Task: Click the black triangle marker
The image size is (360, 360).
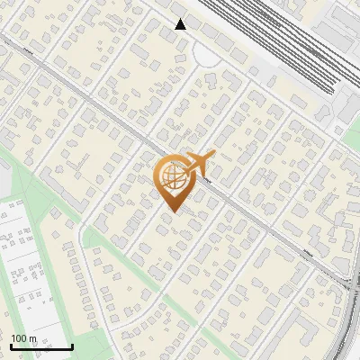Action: pos(181,24)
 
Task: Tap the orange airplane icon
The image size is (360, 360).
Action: pos(199,163)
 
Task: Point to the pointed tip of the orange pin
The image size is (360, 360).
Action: pos(172,211)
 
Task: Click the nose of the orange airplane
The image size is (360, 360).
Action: pos(213,155)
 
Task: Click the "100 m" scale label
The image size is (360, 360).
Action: pos(24,337)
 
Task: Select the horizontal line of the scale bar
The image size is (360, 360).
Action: pos(41,347)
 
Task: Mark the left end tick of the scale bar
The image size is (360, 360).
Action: pos(11,346)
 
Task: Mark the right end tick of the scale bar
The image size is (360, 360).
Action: pos(72,346)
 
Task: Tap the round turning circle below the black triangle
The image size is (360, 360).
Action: pos(206,56)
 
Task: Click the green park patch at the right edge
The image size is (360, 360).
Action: pos(353,135)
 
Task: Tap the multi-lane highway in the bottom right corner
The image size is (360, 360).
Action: pos(346,324)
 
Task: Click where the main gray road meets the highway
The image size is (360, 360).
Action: pos(346,281)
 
